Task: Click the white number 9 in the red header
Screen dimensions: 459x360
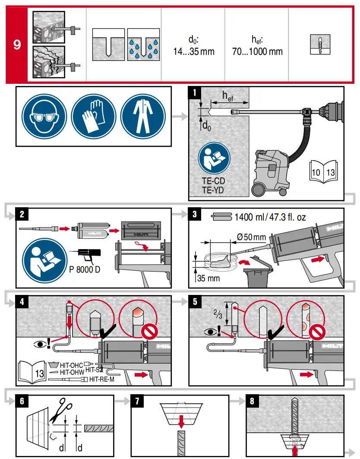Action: point(17,44)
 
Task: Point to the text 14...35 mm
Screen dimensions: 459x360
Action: point(193,51)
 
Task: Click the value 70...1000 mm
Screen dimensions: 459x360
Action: point(256,51)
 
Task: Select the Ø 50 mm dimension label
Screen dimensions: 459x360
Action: point(252,237)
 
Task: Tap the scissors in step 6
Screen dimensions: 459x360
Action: point(60,411)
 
